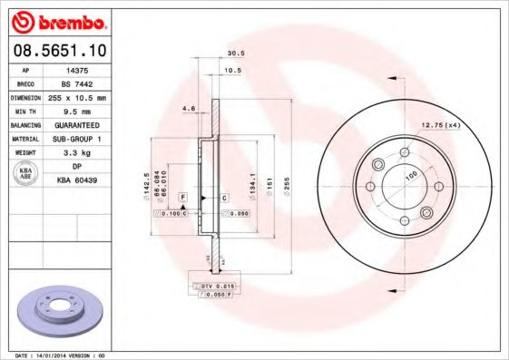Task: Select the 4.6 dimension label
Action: point(189,110)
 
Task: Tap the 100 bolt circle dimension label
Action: point(412,174)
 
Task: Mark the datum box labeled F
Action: point(182,197)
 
